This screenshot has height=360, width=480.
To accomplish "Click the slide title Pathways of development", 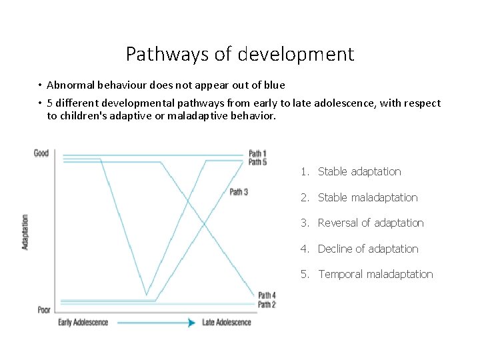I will (240, 54).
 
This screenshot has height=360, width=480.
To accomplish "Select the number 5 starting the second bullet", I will (50, 103).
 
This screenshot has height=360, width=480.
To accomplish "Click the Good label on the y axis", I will (41, 153).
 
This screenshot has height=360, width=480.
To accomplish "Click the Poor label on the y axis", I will (43, 309).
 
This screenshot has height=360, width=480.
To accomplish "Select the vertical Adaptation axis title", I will (25, 232).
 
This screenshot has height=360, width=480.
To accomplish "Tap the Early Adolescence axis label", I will (83, 323).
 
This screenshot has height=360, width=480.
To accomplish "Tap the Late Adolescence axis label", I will (227, 323).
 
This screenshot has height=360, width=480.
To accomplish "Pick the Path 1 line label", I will (257, 153).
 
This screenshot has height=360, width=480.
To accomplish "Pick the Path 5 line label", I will (257, 162).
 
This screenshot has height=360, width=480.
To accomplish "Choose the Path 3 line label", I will (239, 192).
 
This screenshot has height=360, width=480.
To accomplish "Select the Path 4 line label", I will (267, 295).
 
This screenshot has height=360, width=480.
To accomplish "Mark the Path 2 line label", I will (267, 305).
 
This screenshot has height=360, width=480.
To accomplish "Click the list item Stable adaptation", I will (359, 172).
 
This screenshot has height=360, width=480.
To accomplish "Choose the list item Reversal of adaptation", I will (371, 223).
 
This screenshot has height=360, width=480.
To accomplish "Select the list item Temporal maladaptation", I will (375, 274).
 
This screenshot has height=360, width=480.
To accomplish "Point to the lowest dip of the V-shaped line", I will (147, 295).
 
